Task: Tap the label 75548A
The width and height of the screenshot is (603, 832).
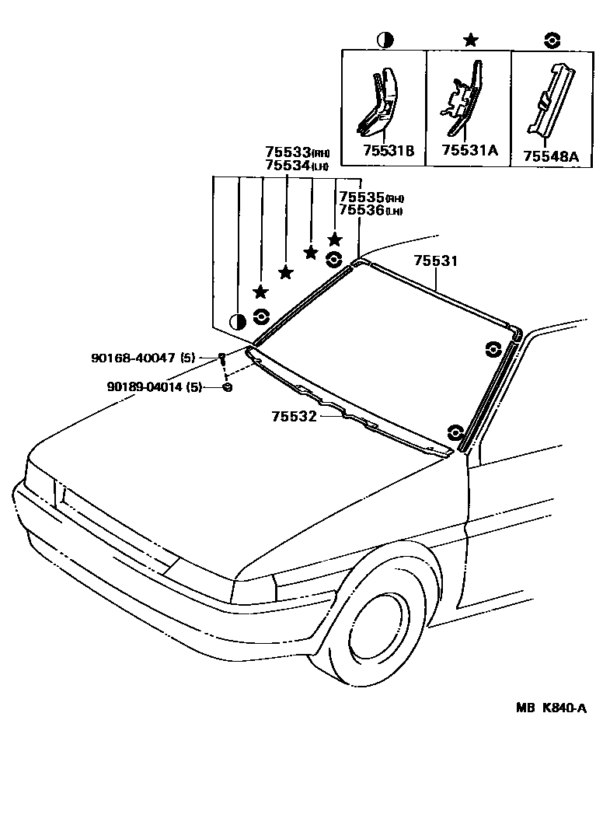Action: click(x=551, y=156)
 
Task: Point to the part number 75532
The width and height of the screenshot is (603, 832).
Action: click(x=294, y=416)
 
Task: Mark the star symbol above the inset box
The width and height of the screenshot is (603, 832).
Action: click(x=469, y=40)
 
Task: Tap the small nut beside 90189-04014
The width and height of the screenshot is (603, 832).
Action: click(x=227, y=387)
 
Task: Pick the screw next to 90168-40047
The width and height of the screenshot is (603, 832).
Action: click(x=222, y=358)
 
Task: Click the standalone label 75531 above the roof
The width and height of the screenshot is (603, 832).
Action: click(x=435, y=262)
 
